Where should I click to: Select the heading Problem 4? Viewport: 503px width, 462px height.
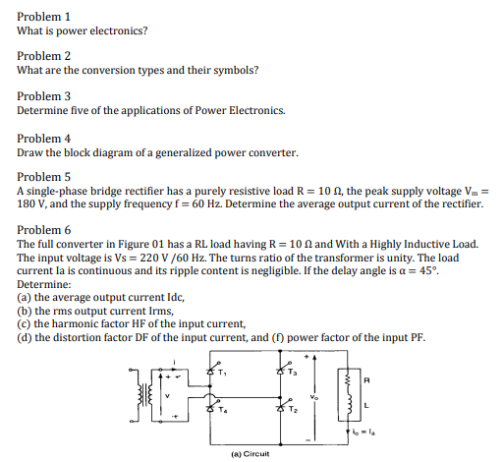pyautogui.click(x=45, y=139)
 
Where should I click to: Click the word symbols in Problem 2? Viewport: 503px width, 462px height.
pyautogui.click(x=234, y=70)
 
